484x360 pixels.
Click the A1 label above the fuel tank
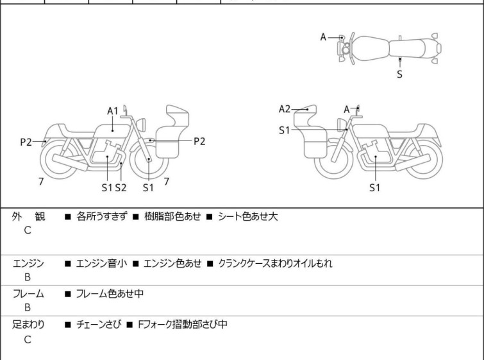pyautogui.click(x=113, y=111)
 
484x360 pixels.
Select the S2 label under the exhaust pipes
pyautogui.click(x=121, y=187)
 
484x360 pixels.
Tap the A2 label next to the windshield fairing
pyautogui.click(x=284, y=109)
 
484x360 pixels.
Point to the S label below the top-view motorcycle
pyautogui.click(x=399, y=74)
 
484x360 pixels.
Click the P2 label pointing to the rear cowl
pyautogui.click(x=26, y=142)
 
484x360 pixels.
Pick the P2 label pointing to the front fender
pyautogui.click(x=199, y=141)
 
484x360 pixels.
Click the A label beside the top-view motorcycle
pyautogui.click(x=323, y=37)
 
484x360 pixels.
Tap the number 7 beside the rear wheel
pyautogui.click(x=41, y=182)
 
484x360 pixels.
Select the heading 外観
pyautogui.click(x=28, y=216)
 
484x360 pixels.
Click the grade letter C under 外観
pyautogui.click(x=28, y=230)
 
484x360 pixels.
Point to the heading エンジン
pyautogui.click(x=28, y=263)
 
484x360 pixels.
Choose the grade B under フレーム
pyautogui.click(x=28, y=307)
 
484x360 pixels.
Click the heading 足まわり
pyautogui.click(x=28, y=325)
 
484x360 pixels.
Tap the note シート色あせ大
pyautogui.click(x=248, y=216)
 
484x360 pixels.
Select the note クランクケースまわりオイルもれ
pyautogui.click(x=276, y=264)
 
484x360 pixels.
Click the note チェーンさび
pyautogui.click(x=99, y=325)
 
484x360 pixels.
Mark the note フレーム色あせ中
pyautogui.click(x=110, y=293)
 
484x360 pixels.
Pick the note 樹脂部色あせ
pyautogui.click(x=172, y=216)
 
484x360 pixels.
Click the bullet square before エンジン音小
pyautogui.click(x=68, y=264)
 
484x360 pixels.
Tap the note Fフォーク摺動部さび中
pyautogui.click(x=183, y=325)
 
